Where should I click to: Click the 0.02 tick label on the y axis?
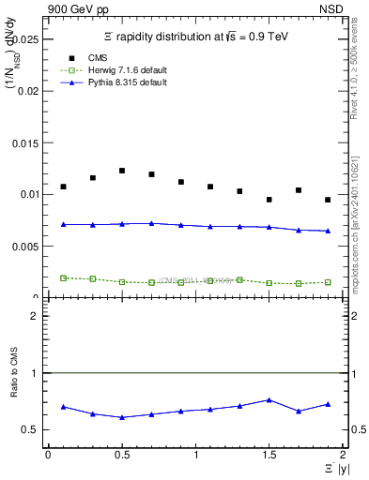click(x=31, y=92)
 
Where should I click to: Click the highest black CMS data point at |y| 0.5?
click(x=122, y=171)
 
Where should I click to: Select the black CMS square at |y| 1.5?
click(x=269, y=200)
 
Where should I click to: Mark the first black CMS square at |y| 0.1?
click(x=63, y=187)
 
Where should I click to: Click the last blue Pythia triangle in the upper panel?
click(x=328, y=231)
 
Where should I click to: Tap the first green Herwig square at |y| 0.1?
click(x=63, y=277)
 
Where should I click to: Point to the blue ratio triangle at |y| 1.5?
click(x=269, y=399)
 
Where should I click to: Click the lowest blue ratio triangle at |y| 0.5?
click(x=122, y=417)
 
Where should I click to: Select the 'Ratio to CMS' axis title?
click(x=14, y=397)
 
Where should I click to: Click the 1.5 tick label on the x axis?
click(x=269, y=456)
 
